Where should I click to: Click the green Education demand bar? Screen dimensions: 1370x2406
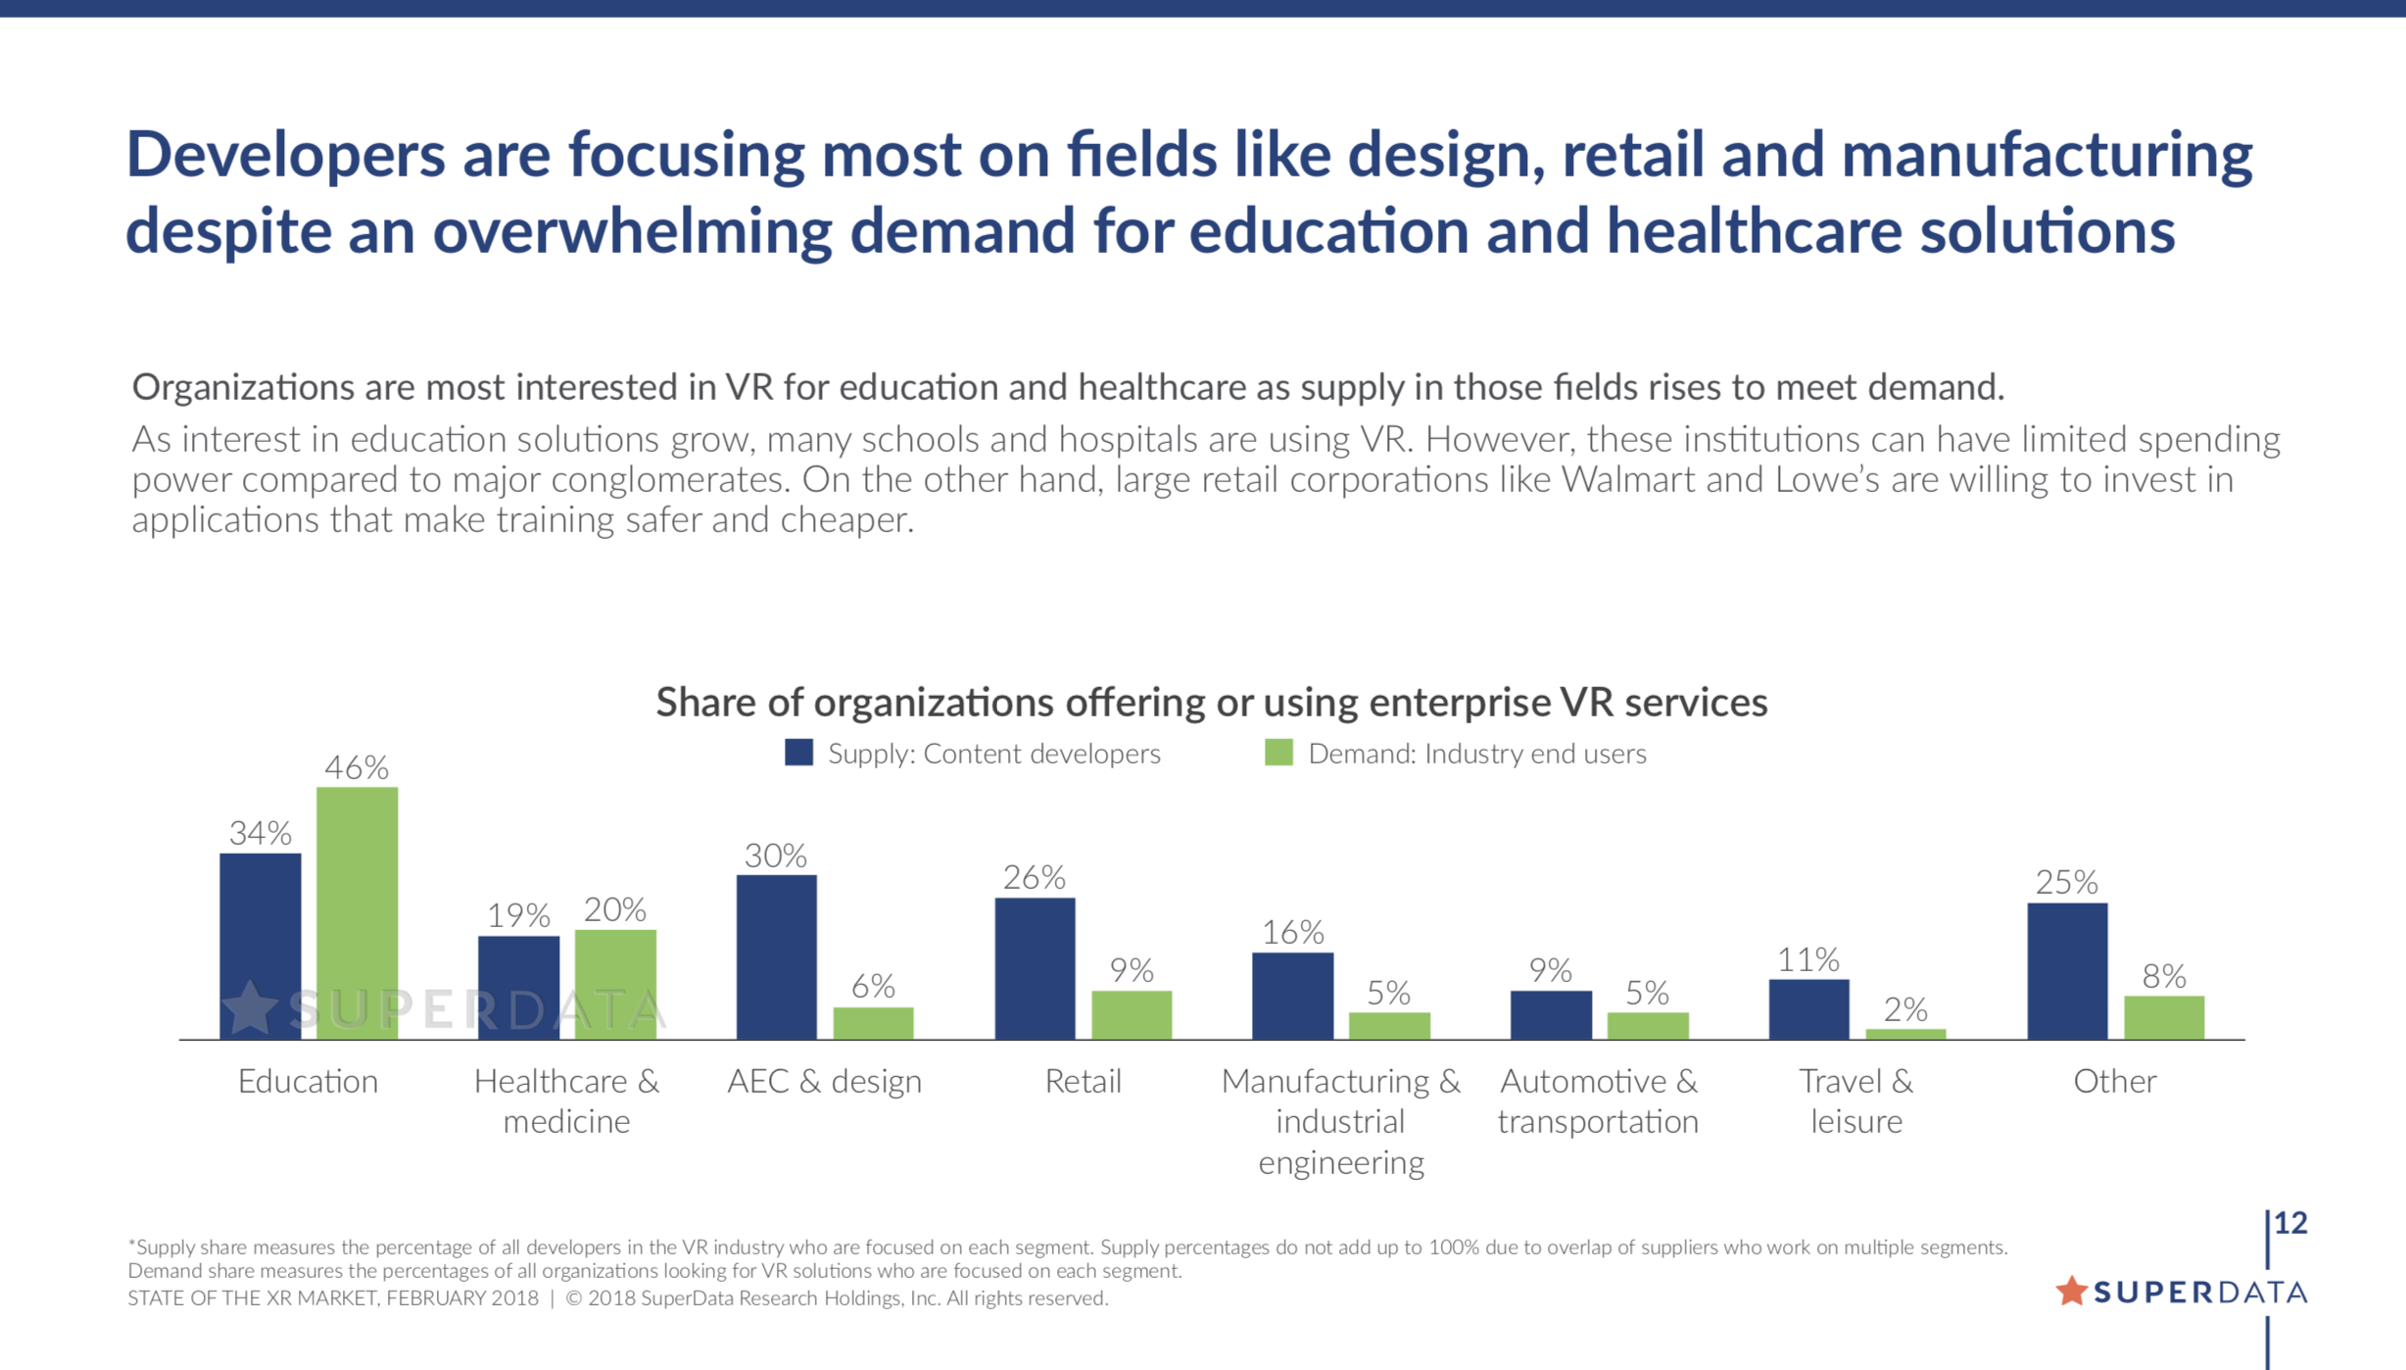357,911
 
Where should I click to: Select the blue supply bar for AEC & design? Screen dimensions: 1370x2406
776,956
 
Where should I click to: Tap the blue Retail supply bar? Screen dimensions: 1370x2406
1035,968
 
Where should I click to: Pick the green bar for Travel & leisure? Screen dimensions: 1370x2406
1905,1034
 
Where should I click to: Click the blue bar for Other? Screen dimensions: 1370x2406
2067,970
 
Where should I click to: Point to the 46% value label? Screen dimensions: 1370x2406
357,767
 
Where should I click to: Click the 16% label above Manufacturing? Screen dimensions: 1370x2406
1292,932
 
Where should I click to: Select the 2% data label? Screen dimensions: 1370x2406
1905,1009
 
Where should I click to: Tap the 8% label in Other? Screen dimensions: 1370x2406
2164,976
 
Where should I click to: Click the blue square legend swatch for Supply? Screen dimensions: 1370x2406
798,753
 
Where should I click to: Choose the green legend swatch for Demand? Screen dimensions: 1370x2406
1278,753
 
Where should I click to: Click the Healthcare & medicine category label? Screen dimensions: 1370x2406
566,1101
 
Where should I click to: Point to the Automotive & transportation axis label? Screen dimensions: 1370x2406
1598,1101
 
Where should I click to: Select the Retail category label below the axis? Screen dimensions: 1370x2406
1083,1081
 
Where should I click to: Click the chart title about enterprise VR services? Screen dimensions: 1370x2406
1211,703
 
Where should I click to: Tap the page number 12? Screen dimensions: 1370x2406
2290,1223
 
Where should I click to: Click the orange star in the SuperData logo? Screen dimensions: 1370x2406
2071,1291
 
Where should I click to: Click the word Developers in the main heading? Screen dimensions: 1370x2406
285,155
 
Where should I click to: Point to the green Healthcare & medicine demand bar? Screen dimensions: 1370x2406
615,984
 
